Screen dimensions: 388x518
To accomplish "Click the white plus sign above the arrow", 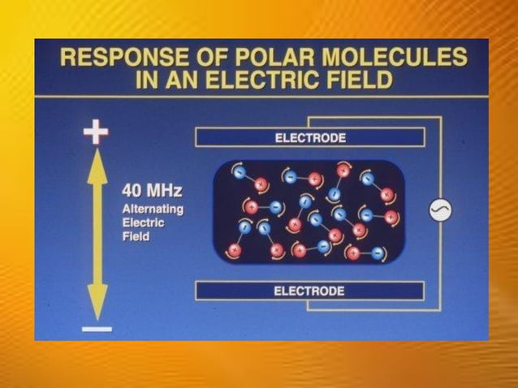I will (x=97, y=131).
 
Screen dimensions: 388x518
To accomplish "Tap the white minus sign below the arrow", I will (x=97, y=330).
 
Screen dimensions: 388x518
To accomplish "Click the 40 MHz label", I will (x=152, y=192).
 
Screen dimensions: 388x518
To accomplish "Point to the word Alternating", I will (x=153, y=209).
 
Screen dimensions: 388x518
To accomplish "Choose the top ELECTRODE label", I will (x=309, y=137).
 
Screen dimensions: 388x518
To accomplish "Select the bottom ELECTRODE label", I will (x=309, y=291).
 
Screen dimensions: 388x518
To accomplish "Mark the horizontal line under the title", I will (x=260, y=97).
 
